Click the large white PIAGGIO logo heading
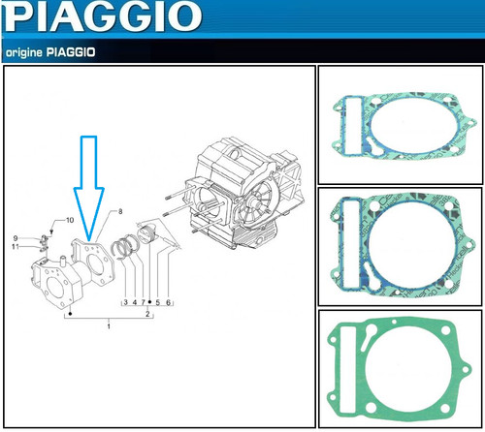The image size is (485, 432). tap(103, 16)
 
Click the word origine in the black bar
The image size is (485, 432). tap(24, 52)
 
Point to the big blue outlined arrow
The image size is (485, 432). tap(89, 188)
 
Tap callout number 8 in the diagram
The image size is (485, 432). tap(120, 211)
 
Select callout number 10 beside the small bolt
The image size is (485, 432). tap(70, 220)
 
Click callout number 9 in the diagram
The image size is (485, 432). tap(16, 238)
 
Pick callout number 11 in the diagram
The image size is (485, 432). tap(16, 247)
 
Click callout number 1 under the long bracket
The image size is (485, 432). tap(109, 326)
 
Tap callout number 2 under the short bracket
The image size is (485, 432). tap(147, 314)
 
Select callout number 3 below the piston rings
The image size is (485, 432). tap(126, 302)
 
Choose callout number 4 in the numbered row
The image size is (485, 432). tap(135, 302)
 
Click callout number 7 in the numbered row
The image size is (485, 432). tap(143, 302)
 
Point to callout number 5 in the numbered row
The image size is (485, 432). tap(158, 302)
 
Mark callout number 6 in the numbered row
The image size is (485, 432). tap(168, 302)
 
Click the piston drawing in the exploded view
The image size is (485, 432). tap(147, 234)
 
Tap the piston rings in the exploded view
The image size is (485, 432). tap(125, 248)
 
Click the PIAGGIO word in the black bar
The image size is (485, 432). tap(71, 52)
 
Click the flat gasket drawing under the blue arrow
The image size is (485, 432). tap(93, 262)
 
